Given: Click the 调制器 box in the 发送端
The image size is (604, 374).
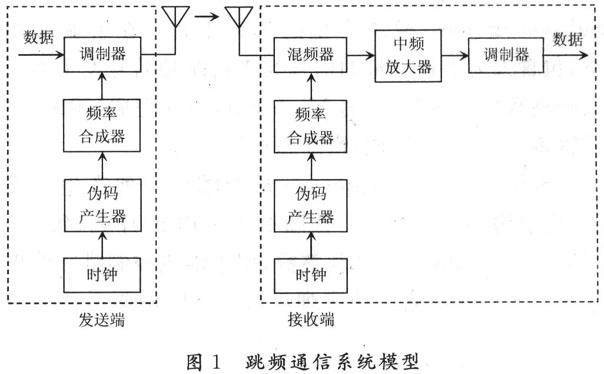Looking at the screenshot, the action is (102, 54).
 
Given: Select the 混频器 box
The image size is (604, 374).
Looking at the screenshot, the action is (310, 55).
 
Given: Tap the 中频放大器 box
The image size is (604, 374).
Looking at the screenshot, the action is (408, 56).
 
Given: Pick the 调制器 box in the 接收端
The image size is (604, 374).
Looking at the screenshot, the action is (506, 55).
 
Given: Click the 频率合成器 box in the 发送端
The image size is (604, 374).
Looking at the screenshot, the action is (102, 125).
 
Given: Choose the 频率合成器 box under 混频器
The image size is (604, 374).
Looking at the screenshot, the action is (310, 127).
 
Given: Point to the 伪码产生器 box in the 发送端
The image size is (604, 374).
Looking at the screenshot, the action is (102, 205).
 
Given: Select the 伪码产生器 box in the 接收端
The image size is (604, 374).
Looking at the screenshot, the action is (310, 206).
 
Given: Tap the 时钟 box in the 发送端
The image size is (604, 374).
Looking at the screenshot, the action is (102, 275).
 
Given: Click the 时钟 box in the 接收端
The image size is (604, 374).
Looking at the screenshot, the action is (310, 276).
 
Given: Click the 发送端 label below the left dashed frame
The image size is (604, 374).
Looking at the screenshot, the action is (102, 320).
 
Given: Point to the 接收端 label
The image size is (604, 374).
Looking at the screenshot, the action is (311, 320).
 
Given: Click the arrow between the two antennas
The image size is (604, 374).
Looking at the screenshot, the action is (207, 16).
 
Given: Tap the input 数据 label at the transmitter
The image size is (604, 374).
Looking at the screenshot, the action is (38, 38).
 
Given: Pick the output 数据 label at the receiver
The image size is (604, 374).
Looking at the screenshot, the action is (568, 39).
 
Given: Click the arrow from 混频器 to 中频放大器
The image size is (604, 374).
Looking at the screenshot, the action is (361, 55).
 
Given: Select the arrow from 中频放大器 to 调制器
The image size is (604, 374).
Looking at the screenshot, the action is (455, 55).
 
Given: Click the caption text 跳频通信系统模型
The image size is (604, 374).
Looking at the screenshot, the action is (332, 362).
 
